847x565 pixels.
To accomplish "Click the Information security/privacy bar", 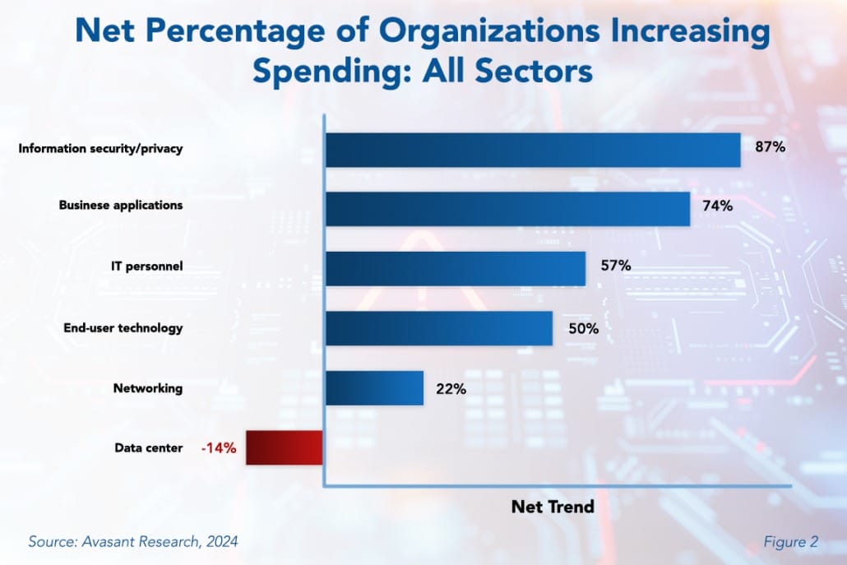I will coord(533,150).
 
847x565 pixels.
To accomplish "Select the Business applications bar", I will coord(507,209).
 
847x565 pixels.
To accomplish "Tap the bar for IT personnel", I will coord(456,268).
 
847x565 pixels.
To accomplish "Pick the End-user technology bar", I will coord(439,328).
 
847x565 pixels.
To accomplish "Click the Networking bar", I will coord(374,387).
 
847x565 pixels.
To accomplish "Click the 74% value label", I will coord(717,206).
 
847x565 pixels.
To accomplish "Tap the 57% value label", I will coord(614,266).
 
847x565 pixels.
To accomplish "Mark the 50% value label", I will coord(581,328).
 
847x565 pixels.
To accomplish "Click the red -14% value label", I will coord(219,448).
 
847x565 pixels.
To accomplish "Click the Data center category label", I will coord(149,448).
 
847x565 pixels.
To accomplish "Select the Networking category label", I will coord(149,388).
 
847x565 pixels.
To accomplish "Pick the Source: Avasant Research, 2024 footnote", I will coord(133,542).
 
